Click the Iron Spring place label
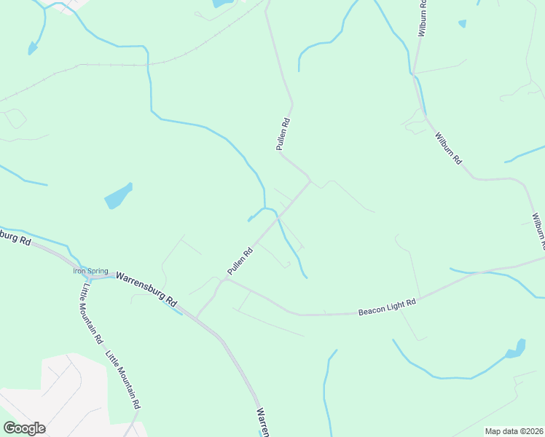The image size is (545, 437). (x=90, y=271)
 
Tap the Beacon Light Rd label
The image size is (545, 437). (x=386, y=307)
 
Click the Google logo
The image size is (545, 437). (x=23, y=428)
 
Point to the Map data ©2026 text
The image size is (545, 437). (x=513, y=431)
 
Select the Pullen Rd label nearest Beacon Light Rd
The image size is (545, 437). (x=239, y=261)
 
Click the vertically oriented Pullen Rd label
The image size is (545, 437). (x=283, y=134)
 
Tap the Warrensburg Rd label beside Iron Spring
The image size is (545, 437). (x=146, y=289)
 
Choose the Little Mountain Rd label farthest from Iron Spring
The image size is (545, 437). (x=122, y=379)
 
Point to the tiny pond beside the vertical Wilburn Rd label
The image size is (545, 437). (x=462, y=24)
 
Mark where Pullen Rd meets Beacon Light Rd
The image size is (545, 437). (x=225, y=279)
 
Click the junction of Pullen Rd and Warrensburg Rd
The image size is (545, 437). (x=197, y=318)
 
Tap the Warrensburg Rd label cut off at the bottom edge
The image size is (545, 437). (x=262, y=423)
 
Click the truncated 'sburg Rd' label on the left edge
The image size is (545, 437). (x=15, y=237)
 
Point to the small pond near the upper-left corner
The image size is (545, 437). (x=32, y=49)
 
